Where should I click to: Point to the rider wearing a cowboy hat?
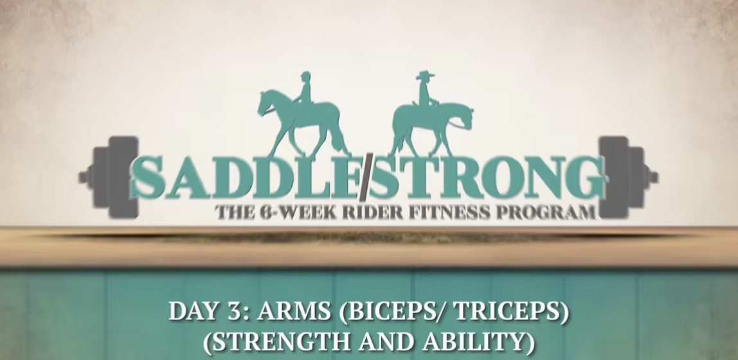point(424,90)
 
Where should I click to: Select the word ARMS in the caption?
point(293,313)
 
